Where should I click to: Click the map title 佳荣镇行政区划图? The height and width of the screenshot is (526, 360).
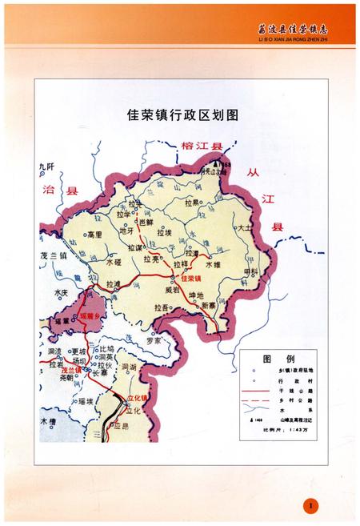182,114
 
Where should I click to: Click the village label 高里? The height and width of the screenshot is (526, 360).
94,234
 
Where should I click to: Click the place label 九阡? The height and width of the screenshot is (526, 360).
46,166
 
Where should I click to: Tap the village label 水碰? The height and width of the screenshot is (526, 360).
113,262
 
